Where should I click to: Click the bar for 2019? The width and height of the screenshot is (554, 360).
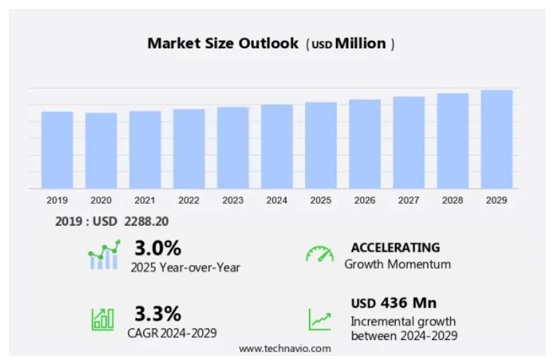click(x=57, y=150)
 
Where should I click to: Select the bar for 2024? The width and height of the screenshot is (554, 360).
click(x=277, y=147)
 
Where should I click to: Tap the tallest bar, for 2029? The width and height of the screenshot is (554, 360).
click(x=496, y=139)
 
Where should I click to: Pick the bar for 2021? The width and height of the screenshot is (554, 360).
click(x=145, y=149)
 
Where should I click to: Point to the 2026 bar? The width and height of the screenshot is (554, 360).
click(x=365, y=144)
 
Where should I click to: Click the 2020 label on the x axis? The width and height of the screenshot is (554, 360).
click(x=101, y=200)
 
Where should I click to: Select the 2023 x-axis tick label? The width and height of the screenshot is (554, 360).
click(x=233, y=200)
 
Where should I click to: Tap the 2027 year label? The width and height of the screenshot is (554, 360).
click(x=409, y=200)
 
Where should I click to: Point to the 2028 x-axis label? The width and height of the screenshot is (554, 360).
click(x=453, y=200)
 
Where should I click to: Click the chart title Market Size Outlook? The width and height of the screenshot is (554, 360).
click(x=223, y=43)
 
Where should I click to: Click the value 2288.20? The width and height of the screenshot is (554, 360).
click(x=146, y=222)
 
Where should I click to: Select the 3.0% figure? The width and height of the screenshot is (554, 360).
click(x=158, y=248)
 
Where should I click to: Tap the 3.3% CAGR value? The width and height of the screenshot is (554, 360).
click(x=158, y=314)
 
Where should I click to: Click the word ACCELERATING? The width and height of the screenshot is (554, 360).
click(x=395, y=248)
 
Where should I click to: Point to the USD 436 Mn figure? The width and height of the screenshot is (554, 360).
click(x=394, y=304)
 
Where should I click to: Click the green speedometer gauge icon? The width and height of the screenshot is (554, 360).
click(x=319, y=254)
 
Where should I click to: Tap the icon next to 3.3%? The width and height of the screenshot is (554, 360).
click(x=103, y=318)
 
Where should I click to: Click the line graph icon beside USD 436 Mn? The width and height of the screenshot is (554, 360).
click(x=319, y=318)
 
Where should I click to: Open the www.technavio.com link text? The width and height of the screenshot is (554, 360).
click(x=284, y=348)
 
